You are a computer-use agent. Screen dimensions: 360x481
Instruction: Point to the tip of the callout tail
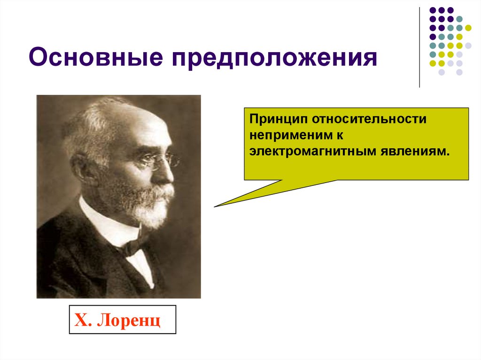pyautogui.click(x=215, y=207)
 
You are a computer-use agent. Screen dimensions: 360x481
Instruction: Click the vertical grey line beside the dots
pyautogui.click(x=419, y=47)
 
